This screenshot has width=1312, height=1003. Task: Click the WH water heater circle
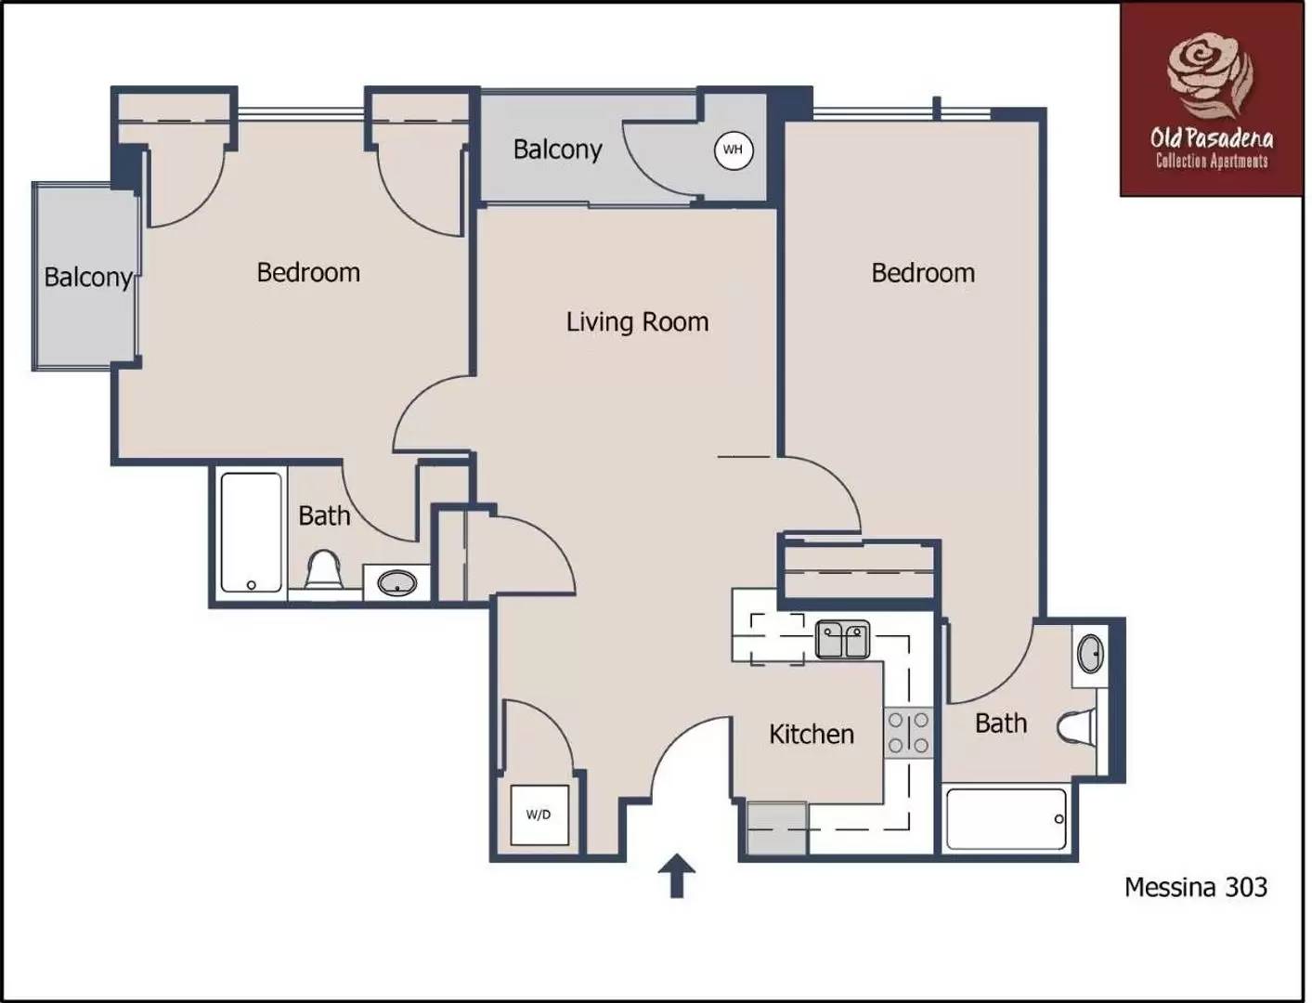[x=733, y=150]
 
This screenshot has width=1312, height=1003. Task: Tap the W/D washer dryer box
[x=539, y=814]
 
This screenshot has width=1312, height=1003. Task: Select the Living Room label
[x=637, y=322]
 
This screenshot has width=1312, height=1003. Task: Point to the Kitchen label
[x=811, y=735]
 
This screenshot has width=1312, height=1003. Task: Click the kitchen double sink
[x=842, y=640]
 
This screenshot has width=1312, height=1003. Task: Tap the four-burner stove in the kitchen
[x=907, y=733]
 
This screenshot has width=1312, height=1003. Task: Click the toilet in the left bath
[x=324, y=569]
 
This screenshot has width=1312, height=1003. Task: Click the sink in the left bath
[x=396, y=584]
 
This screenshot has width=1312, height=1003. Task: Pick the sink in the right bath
[x=1090, y=654]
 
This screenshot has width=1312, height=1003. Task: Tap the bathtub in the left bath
[x=251, y=532]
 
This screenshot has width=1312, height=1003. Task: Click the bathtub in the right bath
[x=1006, y=818]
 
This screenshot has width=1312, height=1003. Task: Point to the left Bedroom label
[x=308, y=273]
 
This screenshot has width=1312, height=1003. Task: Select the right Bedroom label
[x=923, y=273]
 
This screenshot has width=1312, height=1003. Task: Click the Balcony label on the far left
[x=88, y=278]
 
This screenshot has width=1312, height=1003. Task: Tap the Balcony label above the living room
[x=557, y=150]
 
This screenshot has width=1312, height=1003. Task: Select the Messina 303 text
[x=1195, y=887]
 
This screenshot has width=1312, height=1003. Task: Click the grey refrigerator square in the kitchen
[x=777, y=828]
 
